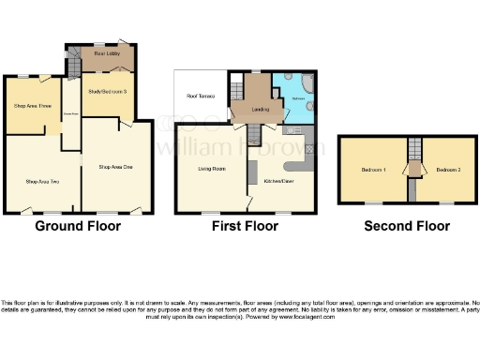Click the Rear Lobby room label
(105, 54)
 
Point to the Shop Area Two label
(43, 180)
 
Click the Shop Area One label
(116, 166)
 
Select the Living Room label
(211, 169)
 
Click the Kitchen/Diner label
(280, 180)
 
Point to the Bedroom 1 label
(374, 170)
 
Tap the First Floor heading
(246, 226)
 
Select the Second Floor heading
(407, 226)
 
